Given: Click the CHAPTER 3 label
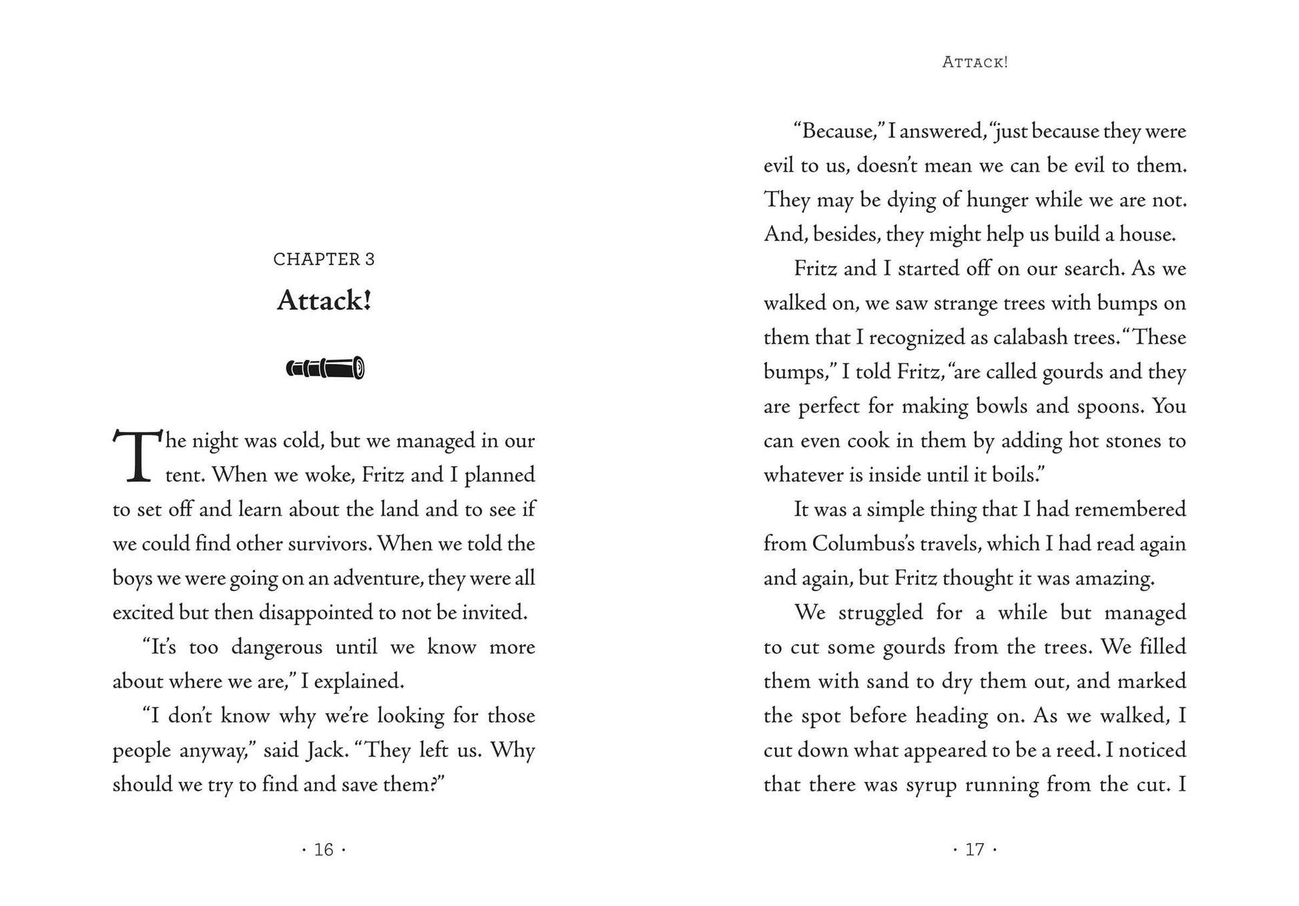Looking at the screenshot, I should [x=324, y=259].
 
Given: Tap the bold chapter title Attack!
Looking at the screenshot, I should [x=324, y=300].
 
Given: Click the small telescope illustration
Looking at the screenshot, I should [x=325, y=368].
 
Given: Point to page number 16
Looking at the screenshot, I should [x=324, y=849].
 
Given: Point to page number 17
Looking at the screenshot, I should [x=975, y=849].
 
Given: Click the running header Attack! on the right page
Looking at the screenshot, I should [x=975, y=62].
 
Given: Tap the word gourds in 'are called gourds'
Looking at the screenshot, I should [x=1073, y=373].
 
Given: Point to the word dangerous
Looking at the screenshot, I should [x=276, y=648].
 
